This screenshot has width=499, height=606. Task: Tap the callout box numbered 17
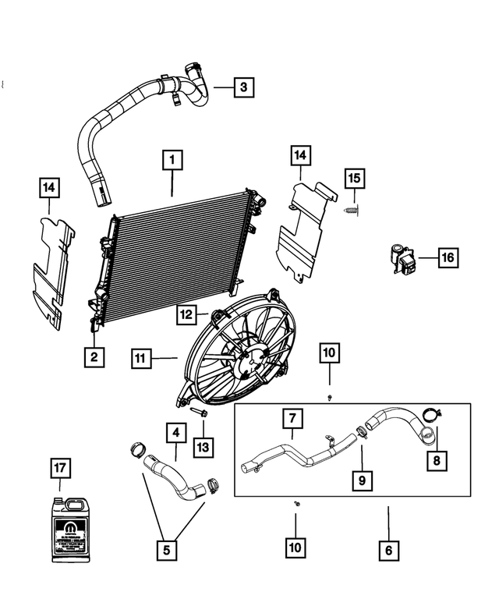point(62,469)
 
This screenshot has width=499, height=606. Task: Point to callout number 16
point(448,257)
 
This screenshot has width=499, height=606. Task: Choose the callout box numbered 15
point(354,178)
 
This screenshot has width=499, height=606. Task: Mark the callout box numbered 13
point(203,447)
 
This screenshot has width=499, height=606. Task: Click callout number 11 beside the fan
point(140,359)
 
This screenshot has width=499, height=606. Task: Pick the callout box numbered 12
point(186,315)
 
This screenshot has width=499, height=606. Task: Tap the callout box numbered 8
point(437,461)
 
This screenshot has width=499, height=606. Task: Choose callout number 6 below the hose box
point(388,551)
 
